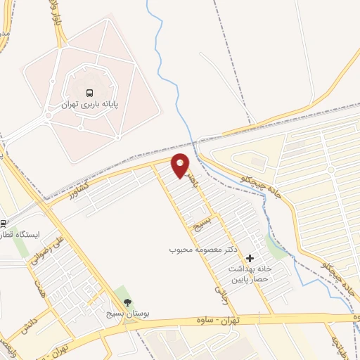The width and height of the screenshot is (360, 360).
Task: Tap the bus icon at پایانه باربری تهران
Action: [x=89, y=93]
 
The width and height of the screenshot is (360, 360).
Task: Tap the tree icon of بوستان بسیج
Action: [x=127, y=303]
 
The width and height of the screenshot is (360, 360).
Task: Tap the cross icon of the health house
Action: [x=250, y=259]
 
